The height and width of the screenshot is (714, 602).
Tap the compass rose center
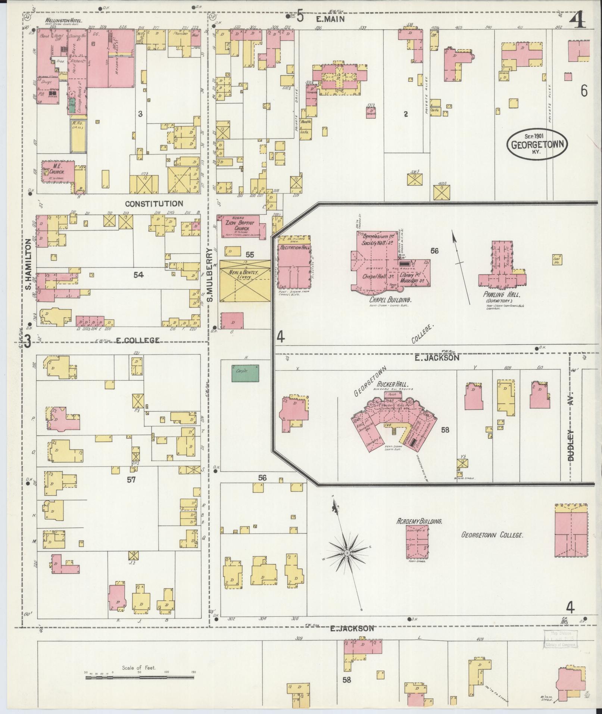pyautogui.click(x=347, y=552)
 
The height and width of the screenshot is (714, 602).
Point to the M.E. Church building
pyautogui.click(x=58, y=172)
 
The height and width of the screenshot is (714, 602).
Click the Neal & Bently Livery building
pyautogui.click(x=245, y=281)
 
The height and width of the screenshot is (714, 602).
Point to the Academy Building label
pyautogui.click(x=419, y=521)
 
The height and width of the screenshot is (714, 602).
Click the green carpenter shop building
pyautogui.click(x=245, y=373)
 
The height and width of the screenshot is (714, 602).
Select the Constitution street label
pyautogui.click(x=154, y=204)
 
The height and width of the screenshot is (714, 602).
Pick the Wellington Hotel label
pyautogui.click(x=64, y=21)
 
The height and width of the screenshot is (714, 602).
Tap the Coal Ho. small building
pyautogui.click(x=558, y=259)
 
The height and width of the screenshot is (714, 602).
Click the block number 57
pyautogui.click(x=131, y=480)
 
